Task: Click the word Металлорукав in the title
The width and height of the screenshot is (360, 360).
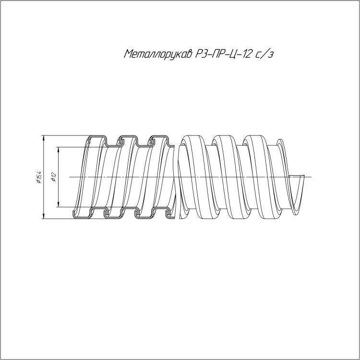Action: click(x=158, y=54)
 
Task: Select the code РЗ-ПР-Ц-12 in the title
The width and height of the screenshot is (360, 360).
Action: click(x=222, y=54)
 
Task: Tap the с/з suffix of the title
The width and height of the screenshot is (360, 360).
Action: click(x=264, y=54)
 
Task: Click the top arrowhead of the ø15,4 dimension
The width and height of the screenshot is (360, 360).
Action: click(x=43, y=138)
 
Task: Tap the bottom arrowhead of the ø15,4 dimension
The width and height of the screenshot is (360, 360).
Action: click(x=43, y=216)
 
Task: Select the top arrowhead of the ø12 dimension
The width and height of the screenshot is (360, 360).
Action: click(x=59, y=150)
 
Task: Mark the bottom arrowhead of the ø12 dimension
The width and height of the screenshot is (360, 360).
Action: click(x=59, y=204)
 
